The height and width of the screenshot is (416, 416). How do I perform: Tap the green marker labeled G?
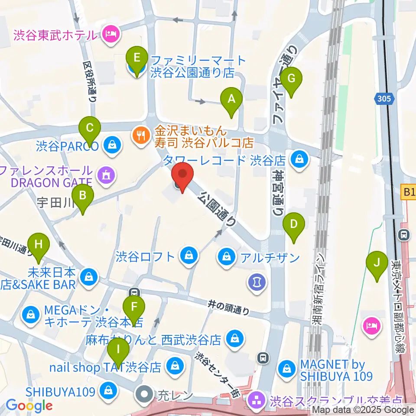(x=291, y=79)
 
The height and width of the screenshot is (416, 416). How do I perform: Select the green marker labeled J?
(x=377, y=263)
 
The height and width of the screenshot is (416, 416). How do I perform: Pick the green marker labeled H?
(x=39, y=244)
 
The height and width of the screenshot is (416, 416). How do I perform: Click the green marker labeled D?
(x=294, y=224)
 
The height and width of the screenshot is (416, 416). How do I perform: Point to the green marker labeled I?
(x=118, y=349)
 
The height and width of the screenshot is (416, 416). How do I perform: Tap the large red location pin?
(x=182, y=176)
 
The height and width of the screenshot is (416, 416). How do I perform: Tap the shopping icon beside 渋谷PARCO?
(x=112, y=145)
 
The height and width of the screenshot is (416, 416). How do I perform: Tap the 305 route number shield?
(x=384, y=99)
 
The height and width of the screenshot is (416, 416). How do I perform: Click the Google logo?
(x=29, y=405)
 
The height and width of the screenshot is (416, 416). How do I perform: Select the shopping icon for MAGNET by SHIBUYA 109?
(x=286, y=369)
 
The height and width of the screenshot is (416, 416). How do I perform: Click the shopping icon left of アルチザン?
(x=226, y=257)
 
